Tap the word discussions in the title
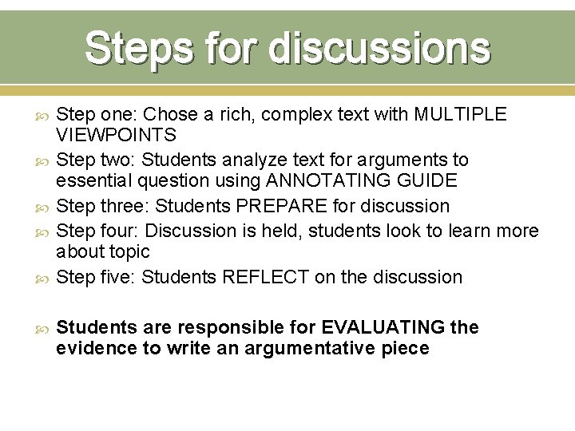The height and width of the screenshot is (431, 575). (379, 48)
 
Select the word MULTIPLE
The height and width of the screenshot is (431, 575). (460, 114)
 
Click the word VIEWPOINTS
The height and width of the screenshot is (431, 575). (117, 136)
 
